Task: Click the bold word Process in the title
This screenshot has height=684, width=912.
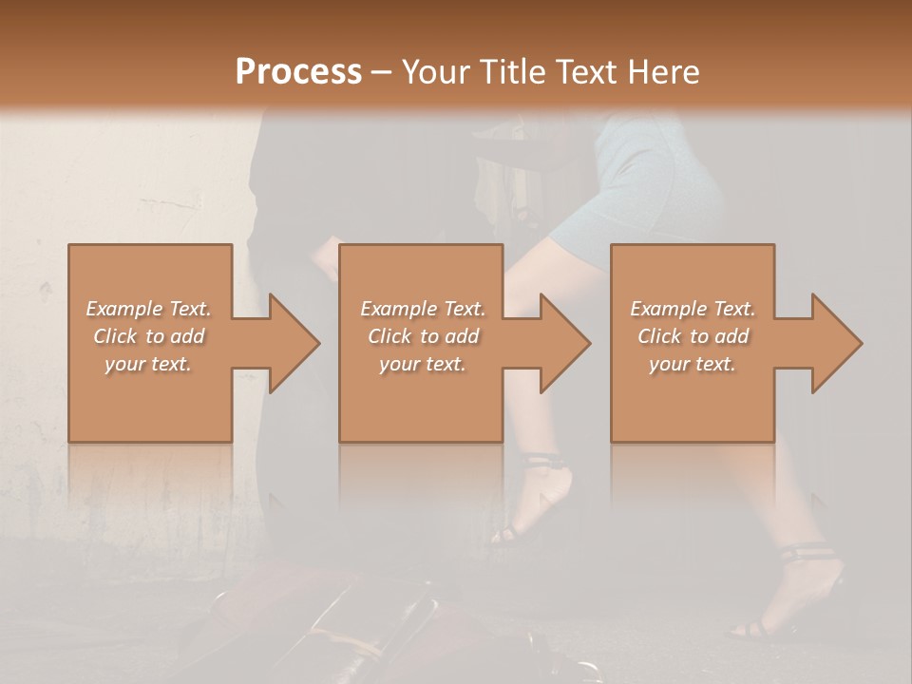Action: [298, 72]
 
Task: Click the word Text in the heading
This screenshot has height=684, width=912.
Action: [586, 72]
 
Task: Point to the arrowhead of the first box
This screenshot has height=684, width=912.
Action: [294, 343]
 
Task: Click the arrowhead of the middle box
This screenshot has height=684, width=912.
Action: [566, 343]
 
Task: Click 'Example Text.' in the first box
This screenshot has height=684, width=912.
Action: [149, 309]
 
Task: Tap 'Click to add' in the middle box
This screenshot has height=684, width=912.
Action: [424, 336]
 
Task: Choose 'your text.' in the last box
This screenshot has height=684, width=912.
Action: [693, 364]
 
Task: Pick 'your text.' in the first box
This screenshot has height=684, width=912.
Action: [148, 364]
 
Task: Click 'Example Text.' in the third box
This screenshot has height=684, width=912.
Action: [693, 309]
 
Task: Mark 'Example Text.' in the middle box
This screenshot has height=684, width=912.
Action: [423, 309]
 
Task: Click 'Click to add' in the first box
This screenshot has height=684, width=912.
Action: [149, 336]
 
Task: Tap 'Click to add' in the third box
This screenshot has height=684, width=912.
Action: [693, 336]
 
